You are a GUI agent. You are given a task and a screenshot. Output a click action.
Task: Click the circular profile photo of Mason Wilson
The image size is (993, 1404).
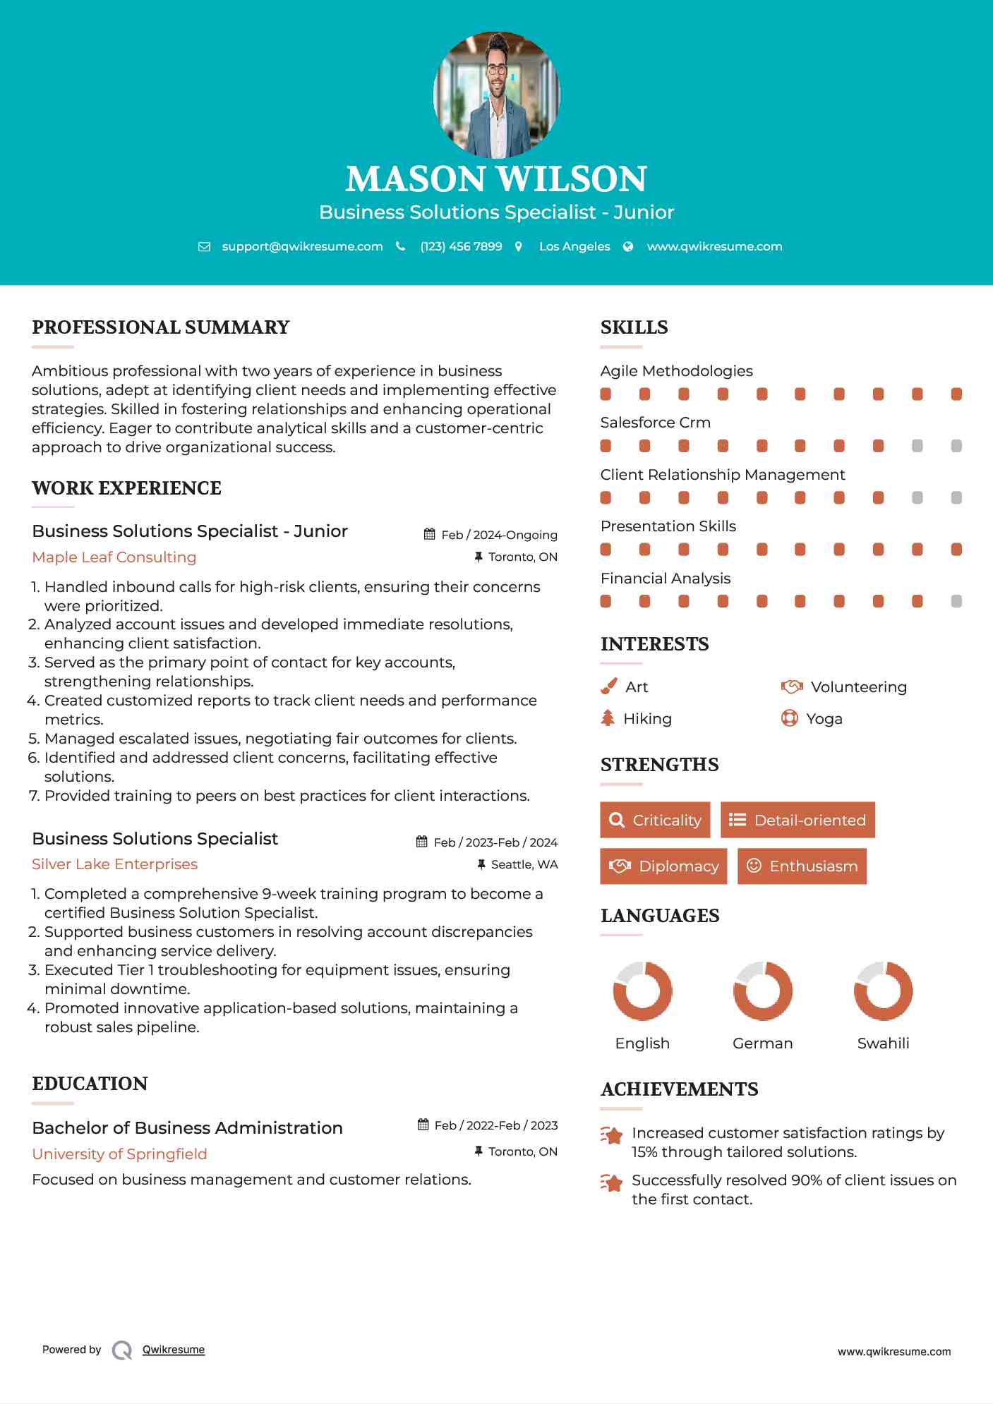[496, 95]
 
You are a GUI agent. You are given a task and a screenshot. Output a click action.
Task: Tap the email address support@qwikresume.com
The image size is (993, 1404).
[302, 246]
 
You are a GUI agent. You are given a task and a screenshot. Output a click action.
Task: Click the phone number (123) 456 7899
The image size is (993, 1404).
[461, 246]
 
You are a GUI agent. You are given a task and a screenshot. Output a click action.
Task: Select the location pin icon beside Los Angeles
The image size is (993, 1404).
[519, 246]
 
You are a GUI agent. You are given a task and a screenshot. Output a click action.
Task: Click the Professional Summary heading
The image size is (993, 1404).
[161, 327]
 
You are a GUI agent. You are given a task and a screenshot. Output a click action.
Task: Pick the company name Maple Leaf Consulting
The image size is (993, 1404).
[114, 557]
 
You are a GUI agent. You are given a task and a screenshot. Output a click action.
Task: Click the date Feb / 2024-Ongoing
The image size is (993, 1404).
[499, 535]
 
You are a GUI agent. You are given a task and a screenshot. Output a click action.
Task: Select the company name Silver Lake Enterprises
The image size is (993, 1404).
[114, 864]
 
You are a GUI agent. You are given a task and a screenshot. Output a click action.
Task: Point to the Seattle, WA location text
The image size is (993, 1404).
[524, 864]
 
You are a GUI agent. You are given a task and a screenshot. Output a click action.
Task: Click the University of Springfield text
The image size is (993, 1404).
[119, 1154]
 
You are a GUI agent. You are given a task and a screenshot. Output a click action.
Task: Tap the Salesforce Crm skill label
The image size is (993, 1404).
[655, 423]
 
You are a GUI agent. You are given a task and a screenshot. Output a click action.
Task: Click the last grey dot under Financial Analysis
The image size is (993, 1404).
[956, 601]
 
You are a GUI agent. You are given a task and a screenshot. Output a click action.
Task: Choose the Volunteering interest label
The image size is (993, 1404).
[858, 687]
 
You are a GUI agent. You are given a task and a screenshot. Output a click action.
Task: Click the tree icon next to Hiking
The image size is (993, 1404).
[608, 718]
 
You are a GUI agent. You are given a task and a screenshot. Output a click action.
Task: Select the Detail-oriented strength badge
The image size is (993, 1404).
[798, 820]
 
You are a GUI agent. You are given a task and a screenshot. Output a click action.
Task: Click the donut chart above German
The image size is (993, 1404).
[762, 991]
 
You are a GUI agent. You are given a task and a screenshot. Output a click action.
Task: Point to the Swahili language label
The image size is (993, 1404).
[883, 1043]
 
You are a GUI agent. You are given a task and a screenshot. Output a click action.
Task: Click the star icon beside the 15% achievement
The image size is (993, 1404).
[611, 1135]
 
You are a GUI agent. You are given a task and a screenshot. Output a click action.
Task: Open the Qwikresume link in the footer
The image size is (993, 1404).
[174, 1350]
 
